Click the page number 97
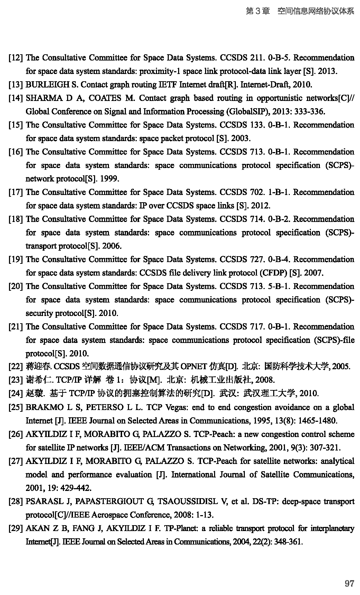pyautogui.click(x=349, y=583)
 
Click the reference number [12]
pyautogui.click(x=16, y=58)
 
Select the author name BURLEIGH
pyautogui.click(x=45, y=85)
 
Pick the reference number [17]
pyautogui.click(x=16, y=192)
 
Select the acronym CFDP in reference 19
pyautogui.click(x=274, y=273)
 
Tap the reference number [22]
pyautogui.click(x=16, y=366)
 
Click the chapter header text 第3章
pyautogui.click(x=258, y=11)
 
